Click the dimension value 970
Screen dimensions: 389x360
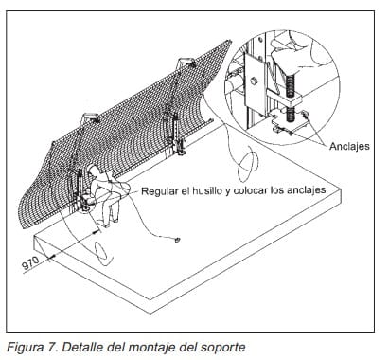[x=30, y=262]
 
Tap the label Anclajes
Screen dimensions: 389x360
[x=349, y=146]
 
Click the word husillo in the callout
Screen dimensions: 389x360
[x=207, y=190]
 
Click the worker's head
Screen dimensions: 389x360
[x=94, y=171]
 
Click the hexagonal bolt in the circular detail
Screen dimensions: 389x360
[x=254, y=81]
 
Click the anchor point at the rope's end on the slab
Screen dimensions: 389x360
[x=177, y=240]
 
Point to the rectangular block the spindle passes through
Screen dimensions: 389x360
[x=285, y=99]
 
